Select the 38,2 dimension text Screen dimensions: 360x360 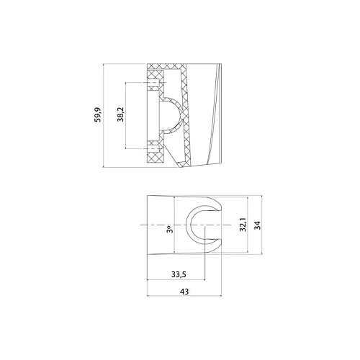pyautogui.click(x=120, y=115)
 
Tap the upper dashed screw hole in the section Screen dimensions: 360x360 pyautogui.click(x=155, y=83)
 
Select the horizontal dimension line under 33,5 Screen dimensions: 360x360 pyautogui.click(x=176, y=282)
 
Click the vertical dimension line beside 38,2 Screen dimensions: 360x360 pyautogui.click(x=127, y=115)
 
